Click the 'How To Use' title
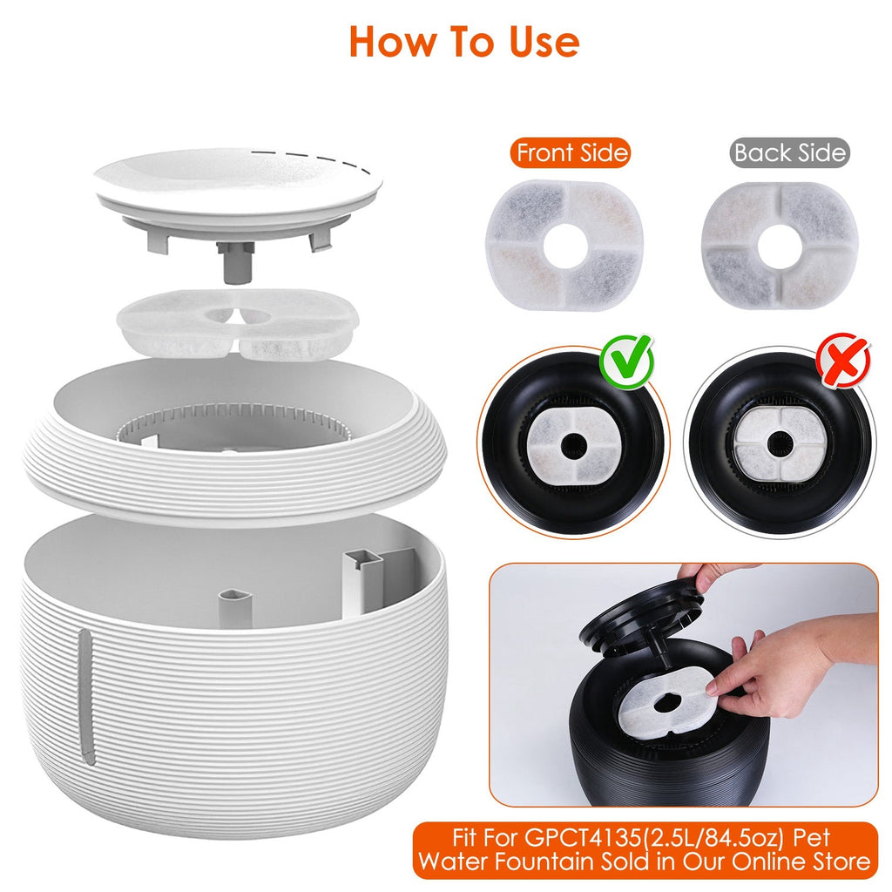[x=463, y=41]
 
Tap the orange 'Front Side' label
[x=571, y=153]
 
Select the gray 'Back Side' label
[x=789, y=153]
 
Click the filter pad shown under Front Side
[x=564, y=245]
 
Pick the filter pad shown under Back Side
[x=780, y=245]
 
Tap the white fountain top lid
[x=237, y=186]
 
